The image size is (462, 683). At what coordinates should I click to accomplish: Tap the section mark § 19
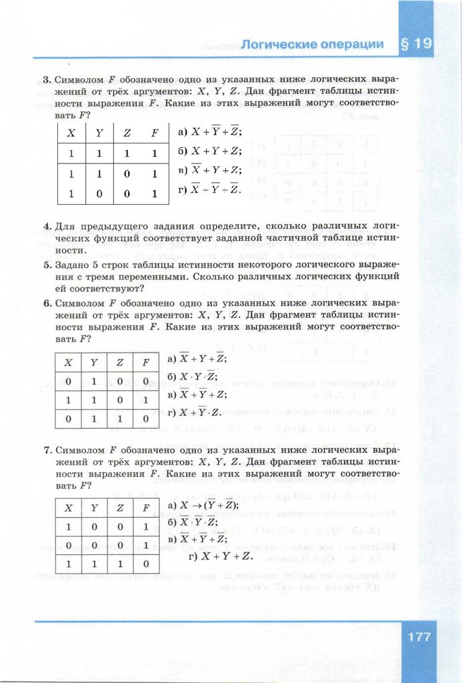click(x=417, y=45)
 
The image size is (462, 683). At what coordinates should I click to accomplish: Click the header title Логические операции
click(x=312, y=45)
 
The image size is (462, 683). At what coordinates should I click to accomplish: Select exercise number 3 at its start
click(x=47, y=80)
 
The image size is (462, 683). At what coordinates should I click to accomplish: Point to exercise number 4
click(x=47, y=227)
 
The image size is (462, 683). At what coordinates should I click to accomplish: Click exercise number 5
click(x=47, y=265)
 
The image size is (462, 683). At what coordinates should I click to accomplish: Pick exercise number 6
click(x=47, y=303)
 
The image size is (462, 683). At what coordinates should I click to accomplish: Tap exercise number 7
click(x=47, y=450)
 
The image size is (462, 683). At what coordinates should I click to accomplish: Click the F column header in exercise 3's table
click(x=154, y=132)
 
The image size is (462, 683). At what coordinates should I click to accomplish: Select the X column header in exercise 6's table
click(x=67, y=363)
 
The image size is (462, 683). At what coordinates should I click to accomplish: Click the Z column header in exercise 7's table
click(x=120, y=508)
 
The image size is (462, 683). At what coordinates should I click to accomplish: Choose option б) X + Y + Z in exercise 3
click(x=209, y=151)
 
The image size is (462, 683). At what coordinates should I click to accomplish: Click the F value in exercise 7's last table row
click(x=146, y=564)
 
